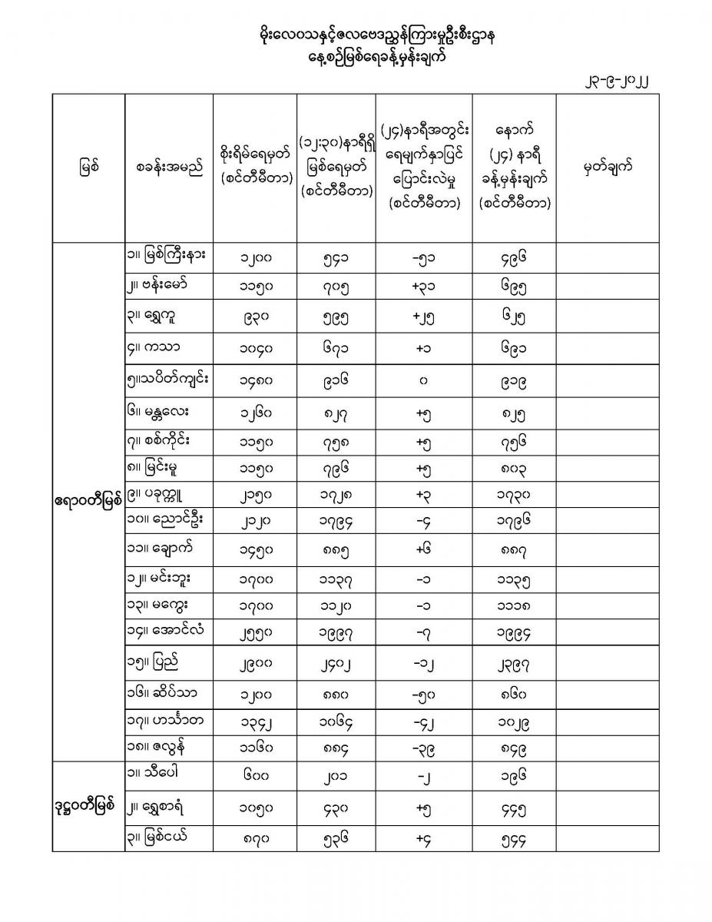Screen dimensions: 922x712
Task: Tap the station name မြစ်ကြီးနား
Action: point(170,254)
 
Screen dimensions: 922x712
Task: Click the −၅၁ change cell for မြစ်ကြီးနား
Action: point(422,256)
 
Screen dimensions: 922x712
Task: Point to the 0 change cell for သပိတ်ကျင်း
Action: point(423,379)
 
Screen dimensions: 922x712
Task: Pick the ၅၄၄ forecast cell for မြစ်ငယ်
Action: point(513,839)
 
